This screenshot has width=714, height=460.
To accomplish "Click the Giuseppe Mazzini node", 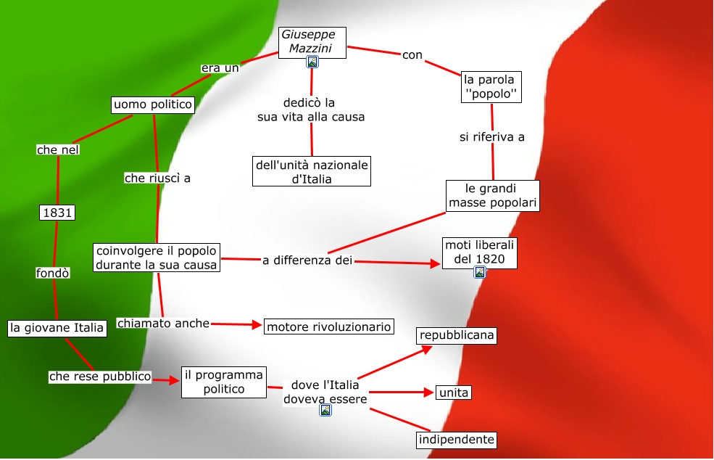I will [x=312, y=41].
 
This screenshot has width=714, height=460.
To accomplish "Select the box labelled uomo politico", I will [x=153, y=105].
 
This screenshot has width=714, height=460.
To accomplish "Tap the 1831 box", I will [x=58, y=213].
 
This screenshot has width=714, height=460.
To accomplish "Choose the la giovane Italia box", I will [x=57, y=328].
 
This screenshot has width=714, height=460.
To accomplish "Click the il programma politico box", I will [x=223, y=382].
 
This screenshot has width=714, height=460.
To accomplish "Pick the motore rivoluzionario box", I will [x=329, y=327].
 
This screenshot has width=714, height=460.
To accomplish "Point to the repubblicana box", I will [x=456, y=335].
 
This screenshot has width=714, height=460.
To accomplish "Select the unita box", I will [x=454, y=393].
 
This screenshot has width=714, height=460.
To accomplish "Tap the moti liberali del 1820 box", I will [x=479, y=252].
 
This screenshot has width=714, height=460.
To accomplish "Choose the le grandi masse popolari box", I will [x=493, y=196].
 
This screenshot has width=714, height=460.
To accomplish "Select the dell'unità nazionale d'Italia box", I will [x=312, y=171].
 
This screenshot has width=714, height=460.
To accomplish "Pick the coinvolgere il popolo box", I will [x=157, y=258].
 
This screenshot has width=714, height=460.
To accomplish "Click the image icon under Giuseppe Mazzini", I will [x=312, y=62].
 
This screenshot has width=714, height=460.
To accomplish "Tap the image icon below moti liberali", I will [x=479, y=273].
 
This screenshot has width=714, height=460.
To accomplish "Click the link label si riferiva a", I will [x=492, y=136].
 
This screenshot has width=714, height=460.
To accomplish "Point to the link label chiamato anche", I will [x=163, y=324].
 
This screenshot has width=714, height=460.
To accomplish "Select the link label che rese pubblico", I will [x=100, y=377].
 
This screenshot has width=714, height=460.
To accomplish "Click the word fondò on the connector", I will [x=53, y=274].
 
